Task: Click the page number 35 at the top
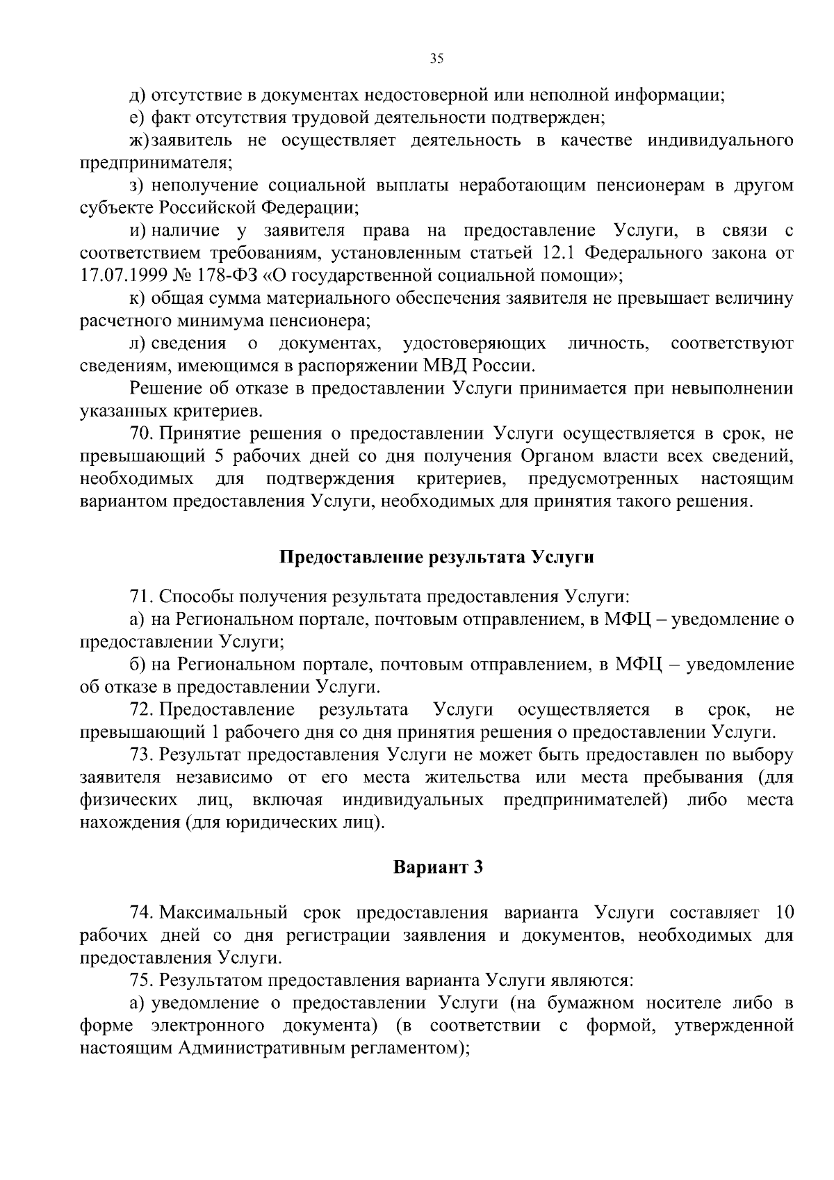pos(436,59)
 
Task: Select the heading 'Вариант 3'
pos(438,868)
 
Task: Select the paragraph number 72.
pos(140,710)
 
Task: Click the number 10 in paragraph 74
pos(783,912)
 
